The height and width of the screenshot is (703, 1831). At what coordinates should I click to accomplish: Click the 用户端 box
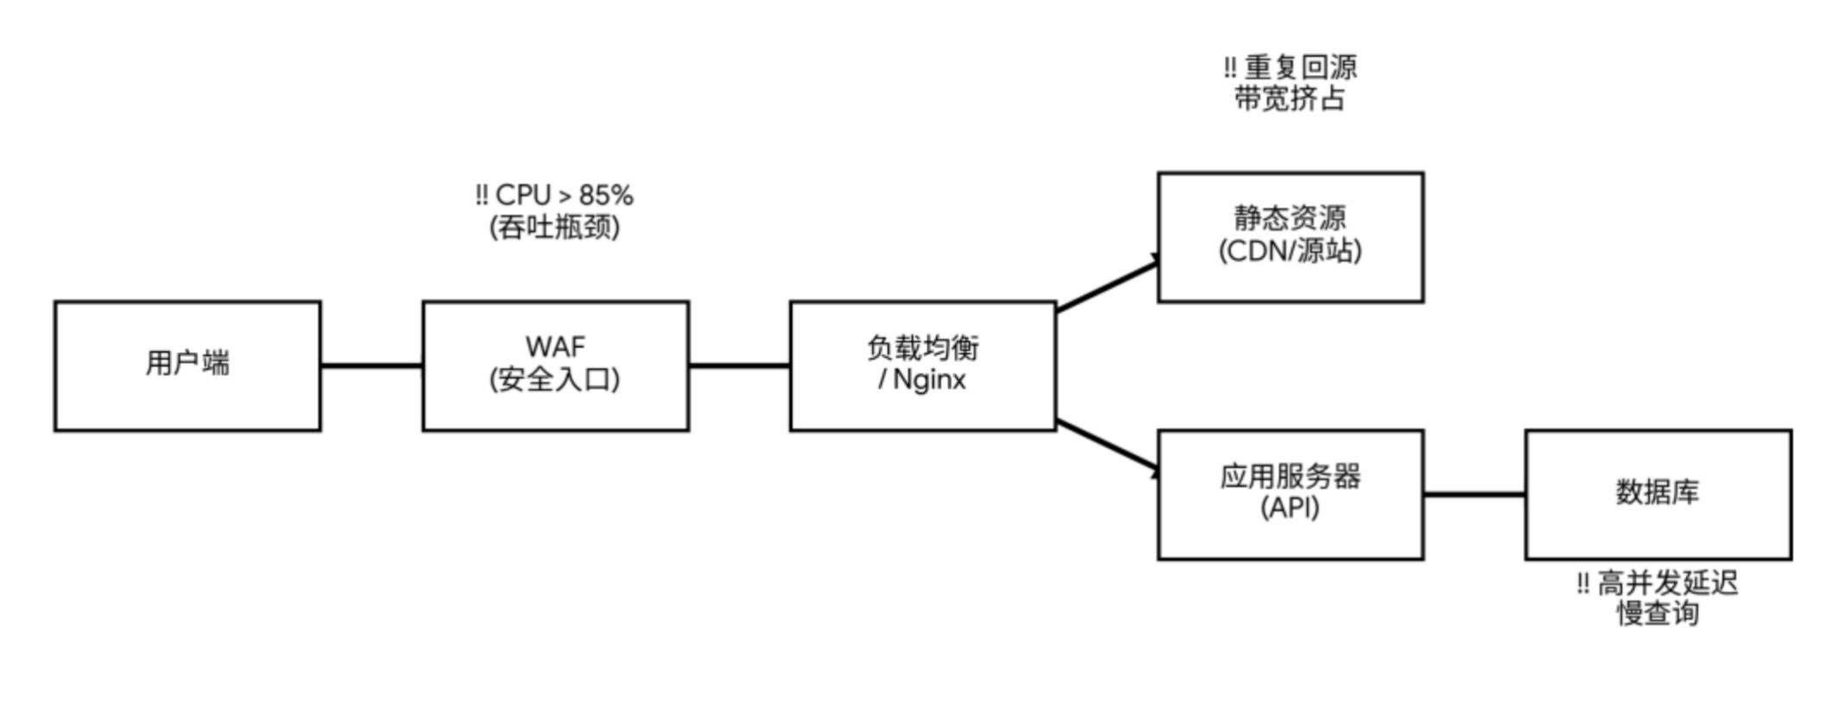pyautogui.click(x=187, y=366)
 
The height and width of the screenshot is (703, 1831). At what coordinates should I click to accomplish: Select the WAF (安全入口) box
pyautogui.click(x=555, y=366)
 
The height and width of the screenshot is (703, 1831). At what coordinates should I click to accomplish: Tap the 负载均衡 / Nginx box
pyautogui.click(x=923, y=366)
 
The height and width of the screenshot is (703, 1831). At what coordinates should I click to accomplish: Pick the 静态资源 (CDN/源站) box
pyautogui.click(x=1290, y=236)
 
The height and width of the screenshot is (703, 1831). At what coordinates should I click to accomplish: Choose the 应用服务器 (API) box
pyautogui.click(x=1290, y=495)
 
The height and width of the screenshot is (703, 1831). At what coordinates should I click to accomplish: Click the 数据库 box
pyautogui.click(x=1657, y=495)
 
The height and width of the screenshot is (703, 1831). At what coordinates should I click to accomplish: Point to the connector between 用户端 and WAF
pyautogui.click(x=371, y=366)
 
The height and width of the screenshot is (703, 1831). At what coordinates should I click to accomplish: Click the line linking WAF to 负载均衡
pyautogui.click(x=739, y=366)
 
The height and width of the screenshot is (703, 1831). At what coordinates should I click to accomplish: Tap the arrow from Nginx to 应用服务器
pyautogui.click(x=1107, y=446)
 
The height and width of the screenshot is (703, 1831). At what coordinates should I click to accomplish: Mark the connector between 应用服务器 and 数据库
pyautogui.click(x=1474, y=495)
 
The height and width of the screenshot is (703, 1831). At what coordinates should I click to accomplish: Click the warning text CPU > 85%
pyautogui.click(x=554, y=196)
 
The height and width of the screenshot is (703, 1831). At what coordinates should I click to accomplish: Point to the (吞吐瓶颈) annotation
pyautogui.click(x=554, y=228)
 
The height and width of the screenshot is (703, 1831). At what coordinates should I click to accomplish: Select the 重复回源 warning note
pyautogui.click(x=1290, y=67)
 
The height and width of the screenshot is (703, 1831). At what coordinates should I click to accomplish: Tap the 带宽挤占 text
pyautogui.click(x=1290, y=99)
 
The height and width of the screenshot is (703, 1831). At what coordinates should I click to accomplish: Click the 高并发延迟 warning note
pyautogui.click(x=1657, y=584)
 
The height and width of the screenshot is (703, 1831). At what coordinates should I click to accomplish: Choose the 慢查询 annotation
pyautogui.click(x=1657, y=614)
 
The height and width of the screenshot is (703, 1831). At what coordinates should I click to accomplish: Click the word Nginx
pyautogui.click(x=929, y=380)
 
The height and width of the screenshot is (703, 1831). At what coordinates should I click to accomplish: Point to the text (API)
pyautogui.click(x=1290, y=508)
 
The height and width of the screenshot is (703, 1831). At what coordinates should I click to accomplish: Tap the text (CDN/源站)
pyautogui.click(x=1290, y=251)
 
